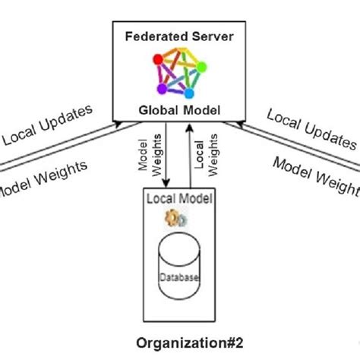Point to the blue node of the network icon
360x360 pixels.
(188, 93)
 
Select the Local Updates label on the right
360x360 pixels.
(311, 126)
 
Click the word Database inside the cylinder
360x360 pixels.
(179, 279)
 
